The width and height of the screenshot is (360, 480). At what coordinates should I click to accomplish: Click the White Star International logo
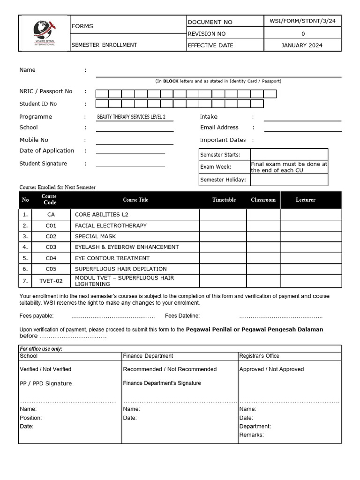(x=45, y=33)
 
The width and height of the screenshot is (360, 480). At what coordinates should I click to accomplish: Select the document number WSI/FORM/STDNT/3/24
(x=302, y=22)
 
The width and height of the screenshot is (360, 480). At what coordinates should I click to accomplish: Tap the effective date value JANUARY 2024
(x=302, y=45)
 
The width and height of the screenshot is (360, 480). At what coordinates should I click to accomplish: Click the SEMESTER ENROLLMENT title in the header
(x=104, y=45)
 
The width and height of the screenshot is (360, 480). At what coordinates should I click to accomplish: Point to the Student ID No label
(x=38, y=104)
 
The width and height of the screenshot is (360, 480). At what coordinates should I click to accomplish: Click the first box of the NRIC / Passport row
(x=102, y=94)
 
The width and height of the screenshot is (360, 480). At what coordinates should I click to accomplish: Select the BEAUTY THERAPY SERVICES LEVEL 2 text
(x=131, y=117)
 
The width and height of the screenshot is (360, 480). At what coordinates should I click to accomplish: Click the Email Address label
(x=219, y=127)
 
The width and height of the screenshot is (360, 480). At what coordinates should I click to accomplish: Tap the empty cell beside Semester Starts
(x=289, y=155)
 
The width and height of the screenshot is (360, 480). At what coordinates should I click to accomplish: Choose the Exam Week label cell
(x=225, y=167)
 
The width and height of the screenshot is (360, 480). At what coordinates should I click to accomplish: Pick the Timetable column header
(x=224, y=200)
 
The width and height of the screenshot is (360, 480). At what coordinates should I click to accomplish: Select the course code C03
(x=51, y=247)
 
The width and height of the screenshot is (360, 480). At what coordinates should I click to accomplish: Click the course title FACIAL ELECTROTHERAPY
(x=111, y=225)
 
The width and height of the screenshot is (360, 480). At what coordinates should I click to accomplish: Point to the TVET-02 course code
(x=51, y=281)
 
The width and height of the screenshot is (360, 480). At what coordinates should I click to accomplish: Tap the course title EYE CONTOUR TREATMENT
(x=112, y=258)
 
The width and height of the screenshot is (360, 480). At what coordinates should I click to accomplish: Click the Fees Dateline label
(x=182, y=316)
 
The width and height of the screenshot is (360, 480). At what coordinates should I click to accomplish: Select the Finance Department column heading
(x=148, y=356)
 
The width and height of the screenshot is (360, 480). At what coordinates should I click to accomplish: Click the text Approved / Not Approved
(x=271, y=369)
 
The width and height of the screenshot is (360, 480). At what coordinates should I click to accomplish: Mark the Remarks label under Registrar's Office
(x=252, y=435)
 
